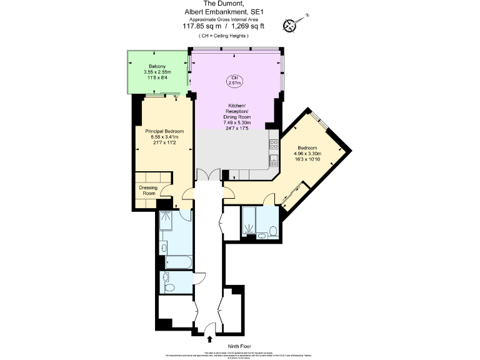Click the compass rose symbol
[x=291, y=26]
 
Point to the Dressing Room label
[x=147, y=190]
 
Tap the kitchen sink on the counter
[x=273, y=160]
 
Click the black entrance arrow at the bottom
[x=209, y=339]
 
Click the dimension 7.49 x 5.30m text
[x=237, y=122]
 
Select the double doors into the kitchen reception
[x=208, y=175]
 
